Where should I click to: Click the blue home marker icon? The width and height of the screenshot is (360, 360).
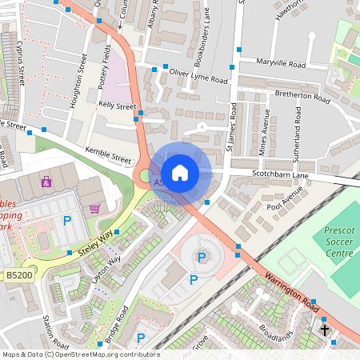point(180,173)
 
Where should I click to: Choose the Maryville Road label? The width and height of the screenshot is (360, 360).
point(281,63)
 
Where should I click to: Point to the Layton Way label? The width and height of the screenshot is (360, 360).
point(106,270)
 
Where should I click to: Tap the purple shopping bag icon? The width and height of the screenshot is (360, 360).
point(46,181)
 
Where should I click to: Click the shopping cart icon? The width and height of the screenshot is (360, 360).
point(95,209)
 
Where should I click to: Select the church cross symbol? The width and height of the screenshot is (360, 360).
point(325,329)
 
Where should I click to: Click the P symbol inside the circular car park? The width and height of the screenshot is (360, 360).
point(202,257)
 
